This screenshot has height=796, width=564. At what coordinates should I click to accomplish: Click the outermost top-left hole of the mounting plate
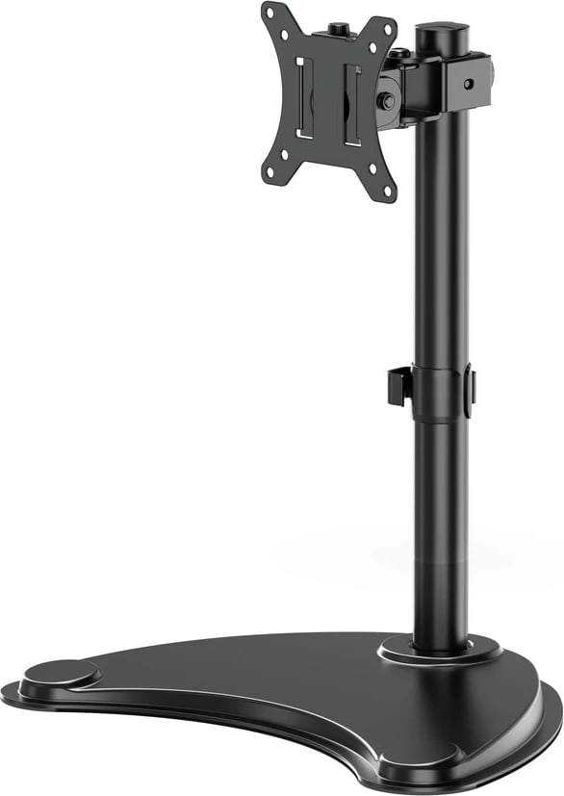[x=269, y=13]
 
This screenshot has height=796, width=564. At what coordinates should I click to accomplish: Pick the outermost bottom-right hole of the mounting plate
[x=389, y=192]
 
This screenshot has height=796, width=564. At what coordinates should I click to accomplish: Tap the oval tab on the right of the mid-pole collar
[x=469, y=391]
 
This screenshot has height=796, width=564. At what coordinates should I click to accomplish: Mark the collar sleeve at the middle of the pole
[x=438, y=392]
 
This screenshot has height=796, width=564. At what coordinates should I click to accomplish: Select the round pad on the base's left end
[x=59, y=673]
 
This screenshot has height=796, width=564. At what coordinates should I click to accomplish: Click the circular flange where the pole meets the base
[x=439, y=651]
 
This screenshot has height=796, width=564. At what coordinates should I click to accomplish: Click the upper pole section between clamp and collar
[x=441, y=241]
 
